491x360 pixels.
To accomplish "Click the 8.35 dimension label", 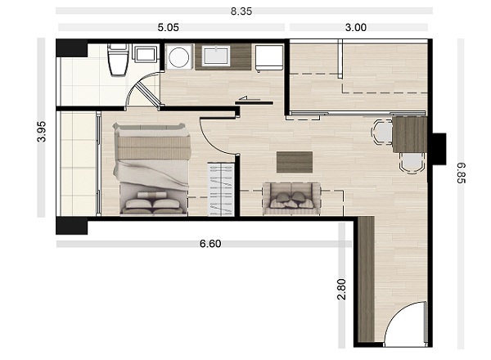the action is [241, 11].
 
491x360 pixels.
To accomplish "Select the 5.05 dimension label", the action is [168, 28].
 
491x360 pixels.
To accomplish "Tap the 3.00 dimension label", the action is [356, 28].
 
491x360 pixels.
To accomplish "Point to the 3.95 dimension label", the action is [42, 132].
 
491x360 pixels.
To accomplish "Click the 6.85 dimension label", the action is [462, 173].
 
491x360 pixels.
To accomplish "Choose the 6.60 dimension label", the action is [210, 244].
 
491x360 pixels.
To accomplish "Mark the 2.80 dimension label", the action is [341, 290].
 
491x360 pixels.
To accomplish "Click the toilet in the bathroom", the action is [118, 60].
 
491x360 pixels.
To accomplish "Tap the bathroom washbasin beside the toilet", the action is [145, 53].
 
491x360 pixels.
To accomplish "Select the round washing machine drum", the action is [178, 57].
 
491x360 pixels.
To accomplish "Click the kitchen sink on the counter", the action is [216, 56].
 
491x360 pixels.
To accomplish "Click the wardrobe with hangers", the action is [222, 189].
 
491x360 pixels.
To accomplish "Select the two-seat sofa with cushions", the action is [292, 199].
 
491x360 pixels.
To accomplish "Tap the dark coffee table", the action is [295, 162].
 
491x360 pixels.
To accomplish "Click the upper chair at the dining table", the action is [382, 132].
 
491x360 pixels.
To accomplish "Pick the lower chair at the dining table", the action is [412, 163].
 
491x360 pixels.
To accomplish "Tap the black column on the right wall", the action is [439, 149].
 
